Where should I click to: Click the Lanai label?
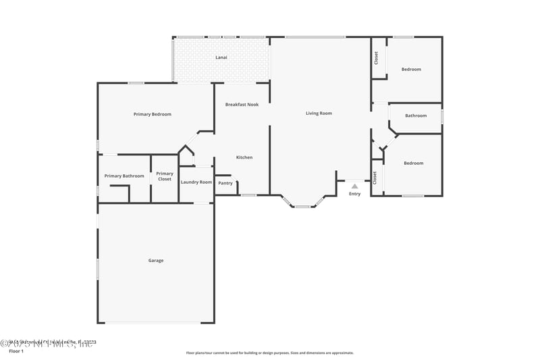tap(221, 57)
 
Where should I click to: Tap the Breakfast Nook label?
tap(242, 105)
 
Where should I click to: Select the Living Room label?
tap(319, 113)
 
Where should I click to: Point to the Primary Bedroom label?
tap(152, 114)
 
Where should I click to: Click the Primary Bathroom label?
tap(124, 176)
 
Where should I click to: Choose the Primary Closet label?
tap(165, 176)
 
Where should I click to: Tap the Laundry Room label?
tap(196, 182)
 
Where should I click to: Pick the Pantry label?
tap(225, 183)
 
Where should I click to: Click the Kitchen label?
tap(244, 157)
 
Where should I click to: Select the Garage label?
tap(155, 261)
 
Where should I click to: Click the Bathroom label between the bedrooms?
tap(416, 115)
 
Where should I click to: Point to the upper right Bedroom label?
tap(411, 70)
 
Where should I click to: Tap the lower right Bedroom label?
tap(413, 163)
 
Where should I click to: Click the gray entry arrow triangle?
tap(354, 186)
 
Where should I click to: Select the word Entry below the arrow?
tap(354, 194)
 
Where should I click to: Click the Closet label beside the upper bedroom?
tap(376, 58)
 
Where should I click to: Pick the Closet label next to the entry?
tap(375, 177)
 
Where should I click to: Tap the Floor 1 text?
tap(16, 351)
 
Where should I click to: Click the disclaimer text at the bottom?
tap(269, 353)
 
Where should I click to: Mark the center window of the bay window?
tap(303, 206)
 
